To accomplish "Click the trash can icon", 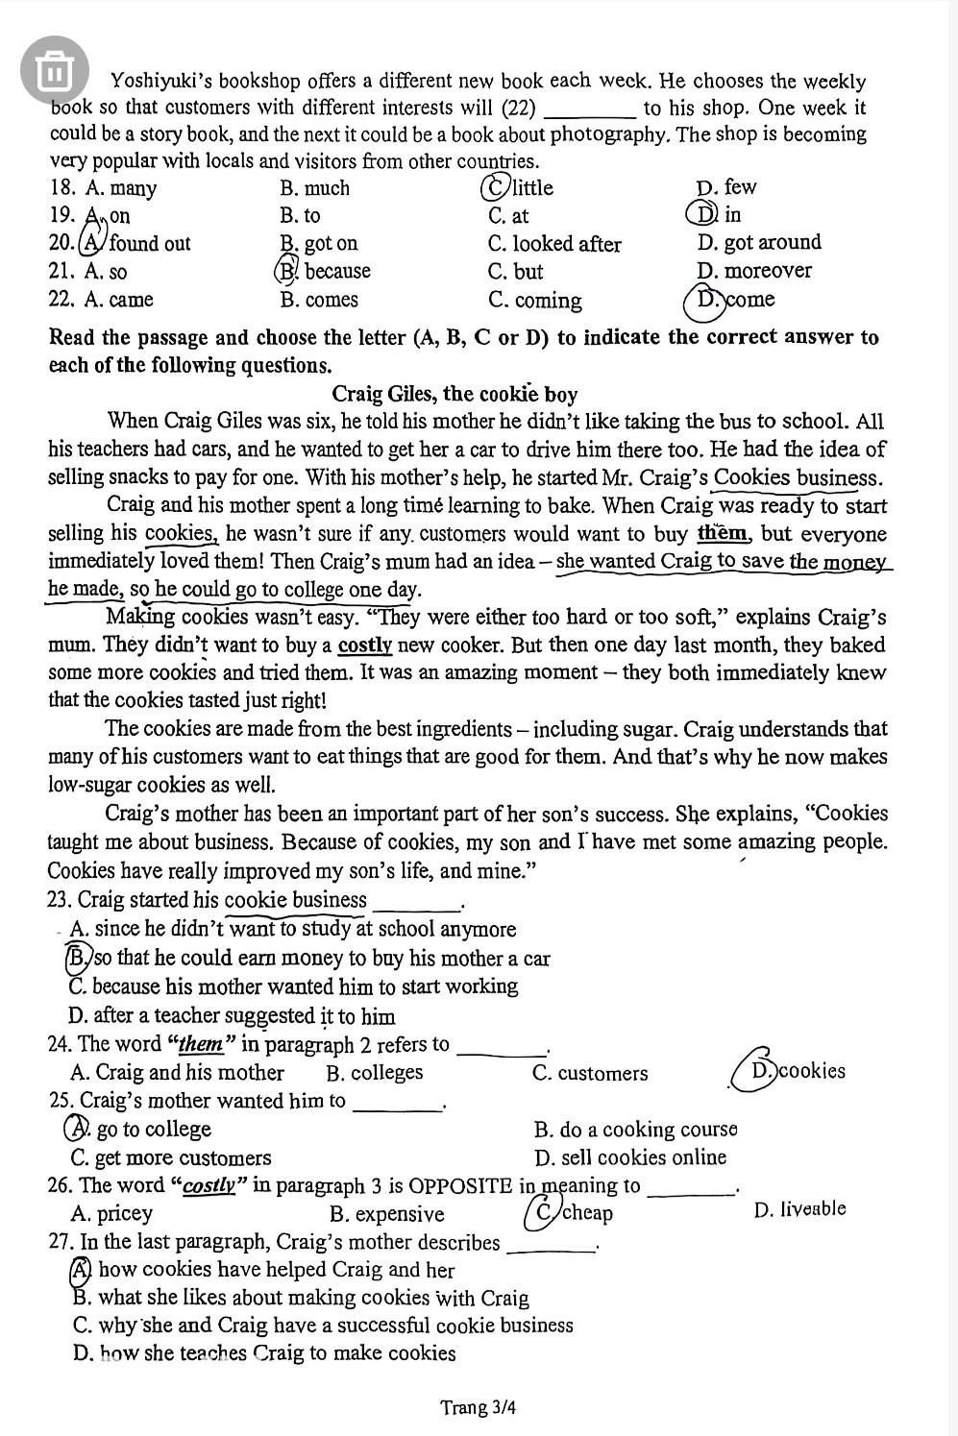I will coord(54,70).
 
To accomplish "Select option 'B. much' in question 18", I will coord(314,188).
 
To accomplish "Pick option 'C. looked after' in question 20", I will coord(554,244).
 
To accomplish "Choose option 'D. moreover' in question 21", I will coord(754,271).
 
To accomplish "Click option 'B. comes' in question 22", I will coord(318,300).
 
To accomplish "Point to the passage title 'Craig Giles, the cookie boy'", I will coord(454,394).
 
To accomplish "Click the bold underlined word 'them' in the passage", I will coord(724,533).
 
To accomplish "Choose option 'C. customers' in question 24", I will coord(589,1073).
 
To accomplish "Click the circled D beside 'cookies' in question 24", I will coord(761,1070).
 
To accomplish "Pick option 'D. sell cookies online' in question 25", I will coord(629,1157).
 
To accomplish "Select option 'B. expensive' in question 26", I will coord(386,1214).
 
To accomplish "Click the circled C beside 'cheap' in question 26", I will coord(544,1212).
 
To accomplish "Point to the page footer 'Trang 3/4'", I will coord(479,1407).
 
